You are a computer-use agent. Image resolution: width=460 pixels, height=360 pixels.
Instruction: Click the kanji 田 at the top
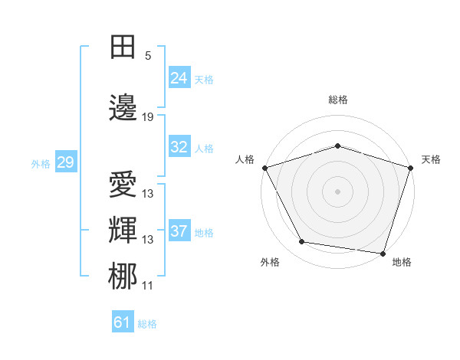coord(123,47)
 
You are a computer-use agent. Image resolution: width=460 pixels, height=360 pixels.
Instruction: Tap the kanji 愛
coord(123,185)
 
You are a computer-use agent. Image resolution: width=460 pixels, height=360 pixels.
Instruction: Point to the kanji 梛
coord(123,277)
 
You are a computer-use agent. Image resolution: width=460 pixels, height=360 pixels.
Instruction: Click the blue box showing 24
coord(179,77)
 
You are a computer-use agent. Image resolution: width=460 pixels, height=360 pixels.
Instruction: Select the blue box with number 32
coord(179,147)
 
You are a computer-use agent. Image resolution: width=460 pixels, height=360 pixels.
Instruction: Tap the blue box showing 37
coord(179,231)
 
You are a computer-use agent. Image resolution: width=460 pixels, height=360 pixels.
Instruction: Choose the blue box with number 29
coord(65,162)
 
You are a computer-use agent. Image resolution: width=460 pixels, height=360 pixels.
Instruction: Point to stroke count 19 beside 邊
coord(148,117)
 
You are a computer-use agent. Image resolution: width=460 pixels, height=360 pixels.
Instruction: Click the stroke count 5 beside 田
coord(148,56)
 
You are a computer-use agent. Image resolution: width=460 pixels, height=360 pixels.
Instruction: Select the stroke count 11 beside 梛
coord(148,286)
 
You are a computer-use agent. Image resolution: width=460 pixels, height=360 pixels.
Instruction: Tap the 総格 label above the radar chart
coord(337,100)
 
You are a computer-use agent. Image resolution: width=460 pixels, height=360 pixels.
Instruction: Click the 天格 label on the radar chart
coord(431,159)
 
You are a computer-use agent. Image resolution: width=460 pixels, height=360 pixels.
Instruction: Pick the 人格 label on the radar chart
coord(245,159)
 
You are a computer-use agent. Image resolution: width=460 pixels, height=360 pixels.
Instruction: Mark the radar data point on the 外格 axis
coord(302,242)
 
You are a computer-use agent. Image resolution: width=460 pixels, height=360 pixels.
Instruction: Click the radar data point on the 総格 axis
coord(337,146)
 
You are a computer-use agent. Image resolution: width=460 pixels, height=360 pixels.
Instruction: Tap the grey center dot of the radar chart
coord(337,191)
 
